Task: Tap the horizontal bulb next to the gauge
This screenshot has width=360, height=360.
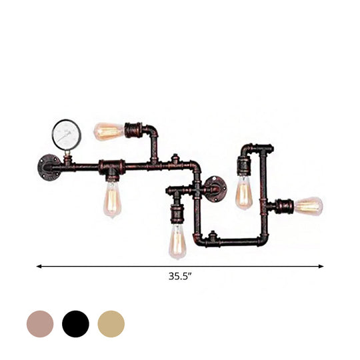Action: point(107,130)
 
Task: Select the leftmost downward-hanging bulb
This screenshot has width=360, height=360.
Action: point(112,199)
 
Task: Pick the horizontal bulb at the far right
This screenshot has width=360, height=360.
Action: point(308,206)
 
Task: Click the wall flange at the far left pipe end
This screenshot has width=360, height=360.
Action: point(49,163)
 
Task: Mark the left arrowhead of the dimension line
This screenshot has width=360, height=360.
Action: point(38,266)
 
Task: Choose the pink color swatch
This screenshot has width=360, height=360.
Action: point(39,323)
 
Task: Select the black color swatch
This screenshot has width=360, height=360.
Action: point(75,323)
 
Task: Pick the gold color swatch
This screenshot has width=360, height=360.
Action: point(111,323)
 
